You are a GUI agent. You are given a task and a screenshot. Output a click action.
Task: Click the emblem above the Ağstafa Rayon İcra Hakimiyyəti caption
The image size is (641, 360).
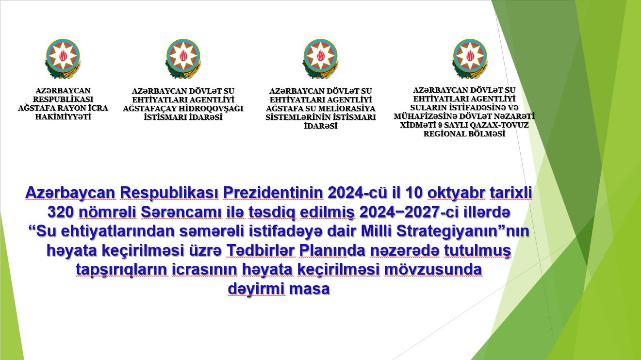pos(63,59)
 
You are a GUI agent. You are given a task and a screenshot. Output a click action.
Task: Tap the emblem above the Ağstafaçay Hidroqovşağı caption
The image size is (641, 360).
pos(183,59)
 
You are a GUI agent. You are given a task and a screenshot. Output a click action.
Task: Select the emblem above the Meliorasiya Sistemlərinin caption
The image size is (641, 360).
pos(320,59)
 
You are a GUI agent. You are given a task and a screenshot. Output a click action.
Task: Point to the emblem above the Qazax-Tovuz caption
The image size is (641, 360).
pos(470,59)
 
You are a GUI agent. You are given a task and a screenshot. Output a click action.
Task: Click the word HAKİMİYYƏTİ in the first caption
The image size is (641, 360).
pos(63,117)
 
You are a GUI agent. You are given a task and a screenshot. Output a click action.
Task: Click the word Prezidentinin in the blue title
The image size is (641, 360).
pos(273,193)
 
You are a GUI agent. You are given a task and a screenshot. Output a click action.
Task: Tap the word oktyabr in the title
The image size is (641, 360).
pos(456,193)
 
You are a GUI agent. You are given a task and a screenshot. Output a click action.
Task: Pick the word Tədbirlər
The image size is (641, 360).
pos(261,250)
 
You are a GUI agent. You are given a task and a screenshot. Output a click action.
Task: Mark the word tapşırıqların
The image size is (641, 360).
pos(121,270)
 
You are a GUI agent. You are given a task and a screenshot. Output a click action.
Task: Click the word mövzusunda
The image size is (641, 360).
pos(433,269)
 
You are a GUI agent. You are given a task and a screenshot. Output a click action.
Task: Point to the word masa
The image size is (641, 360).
pos(310,289)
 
